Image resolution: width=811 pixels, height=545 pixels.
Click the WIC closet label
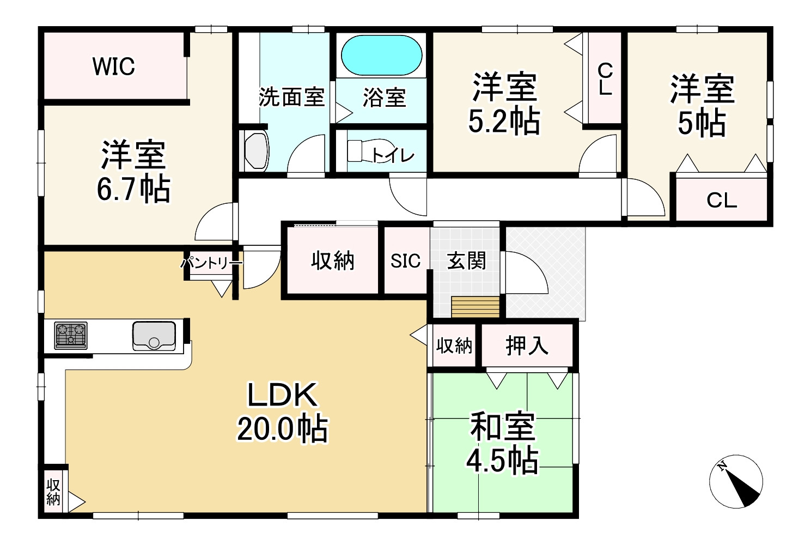tap(113, 66)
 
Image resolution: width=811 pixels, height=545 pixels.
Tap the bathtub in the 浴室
tap(381, 56)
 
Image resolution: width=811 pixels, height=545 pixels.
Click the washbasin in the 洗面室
tap(257, 151)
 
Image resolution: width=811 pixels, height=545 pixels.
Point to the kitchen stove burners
tap(71, 335)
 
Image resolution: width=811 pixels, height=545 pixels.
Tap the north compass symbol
tap(736, 481)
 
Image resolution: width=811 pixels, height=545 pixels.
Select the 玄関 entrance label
tap(466, 261)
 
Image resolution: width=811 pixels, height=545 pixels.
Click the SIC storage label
tap(406, 261)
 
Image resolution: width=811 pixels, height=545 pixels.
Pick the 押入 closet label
tap(526, 345)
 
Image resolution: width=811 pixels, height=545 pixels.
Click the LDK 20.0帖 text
tap(282, 411)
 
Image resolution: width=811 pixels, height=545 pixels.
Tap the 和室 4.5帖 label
tap(502, 443)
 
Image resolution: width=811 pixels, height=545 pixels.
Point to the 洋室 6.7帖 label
tap(133, 171)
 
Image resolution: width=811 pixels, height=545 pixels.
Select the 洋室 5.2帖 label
tap(504, 104)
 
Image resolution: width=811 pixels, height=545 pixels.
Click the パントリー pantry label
tap(211, 263)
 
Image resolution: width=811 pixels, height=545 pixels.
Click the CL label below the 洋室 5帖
tap(722, 200)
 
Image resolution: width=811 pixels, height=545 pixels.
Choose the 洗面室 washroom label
tap(291, 98)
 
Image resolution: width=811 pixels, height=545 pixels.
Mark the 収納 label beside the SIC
tap(333, 261)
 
